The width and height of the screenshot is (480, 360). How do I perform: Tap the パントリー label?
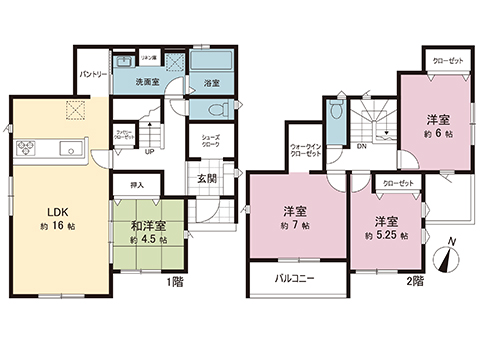coord(94,75)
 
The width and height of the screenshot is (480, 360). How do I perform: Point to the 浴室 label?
coord(211,82)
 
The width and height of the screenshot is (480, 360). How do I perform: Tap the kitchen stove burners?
coord(26,151)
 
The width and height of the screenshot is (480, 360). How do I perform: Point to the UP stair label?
coord(148,152)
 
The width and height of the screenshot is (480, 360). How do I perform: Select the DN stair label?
coord(361,147)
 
